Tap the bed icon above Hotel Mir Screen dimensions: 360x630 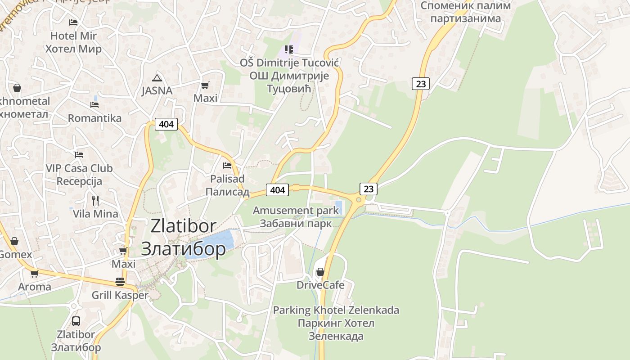click(73, 22)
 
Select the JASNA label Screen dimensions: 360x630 click(157, 90)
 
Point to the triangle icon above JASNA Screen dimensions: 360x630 click(157, 77)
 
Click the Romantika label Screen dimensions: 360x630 click(94, 118)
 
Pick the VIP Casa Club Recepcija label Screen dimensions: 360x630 click(79, 175)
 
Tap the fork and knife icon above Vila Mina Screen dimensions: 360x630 click(95, 200)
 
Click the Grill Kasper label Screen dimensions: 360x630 click(120, 295)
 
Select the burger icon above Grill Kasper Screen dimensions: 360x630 click(120, 282)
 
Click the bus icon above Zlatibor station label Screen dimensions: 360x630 click(76, 321)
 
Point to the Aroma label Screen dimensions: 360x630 click(35, 287)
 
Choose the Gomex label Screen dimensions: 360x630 click(15, 254)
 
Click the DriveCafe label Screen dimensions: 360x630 click(320, 285)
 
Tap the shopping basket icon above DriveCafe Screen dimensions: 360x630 click(320, 272)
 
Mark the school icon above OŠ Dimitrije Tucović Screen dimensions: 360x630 click(289, 49)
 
